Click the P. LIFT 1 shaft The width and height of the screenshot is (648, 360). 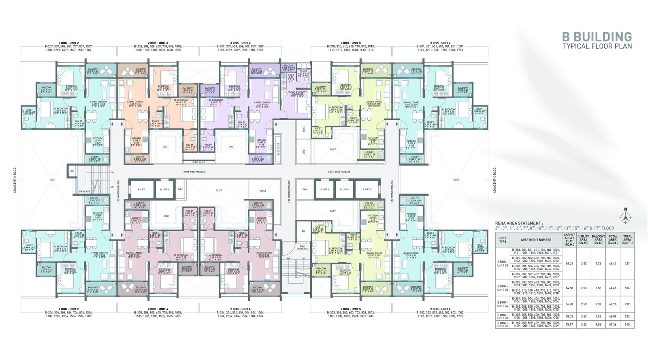click(142, 189)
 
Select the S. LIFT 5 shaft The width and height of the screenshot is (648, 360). click(367, 189)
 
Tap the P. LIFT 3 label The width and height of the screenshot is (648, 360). click(324, 189)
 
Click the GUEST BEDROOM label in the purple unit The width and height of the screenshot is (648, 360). click(297, 94)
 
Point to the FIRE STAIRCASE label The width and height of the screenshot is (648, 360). click(302, 247)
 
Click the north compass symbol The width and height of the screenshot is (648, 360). click(625, 218)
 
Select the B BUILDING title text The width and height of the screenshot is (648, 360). click(597, 37)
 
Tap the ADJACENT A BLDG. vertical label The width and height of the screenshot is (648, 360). click(15, 179)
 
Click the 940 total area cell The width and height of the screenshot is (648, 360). click(627, 324)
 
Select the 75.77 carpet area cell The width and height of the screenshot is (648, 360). click(569, 324)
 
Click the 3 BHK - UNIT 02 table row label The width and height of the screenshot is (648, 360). click(503, 324)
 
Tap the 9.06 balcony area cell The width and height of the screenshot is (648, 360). click(598, 324)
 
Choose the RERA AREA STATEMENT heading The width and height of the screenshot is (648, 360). click(518, 223)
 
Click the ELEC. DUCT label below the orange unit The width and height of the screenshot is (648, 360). click(198, 162)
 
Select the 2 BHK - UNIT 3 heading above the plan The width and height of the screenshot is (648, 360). click(158, 43)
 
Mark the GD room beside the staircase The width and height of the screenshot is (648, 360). click(72, 171)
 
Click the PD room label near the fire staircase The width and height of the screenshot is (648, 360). click(303, 231)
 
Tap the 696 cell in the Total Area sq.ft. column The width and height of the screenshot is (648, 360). click(627, 288)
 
